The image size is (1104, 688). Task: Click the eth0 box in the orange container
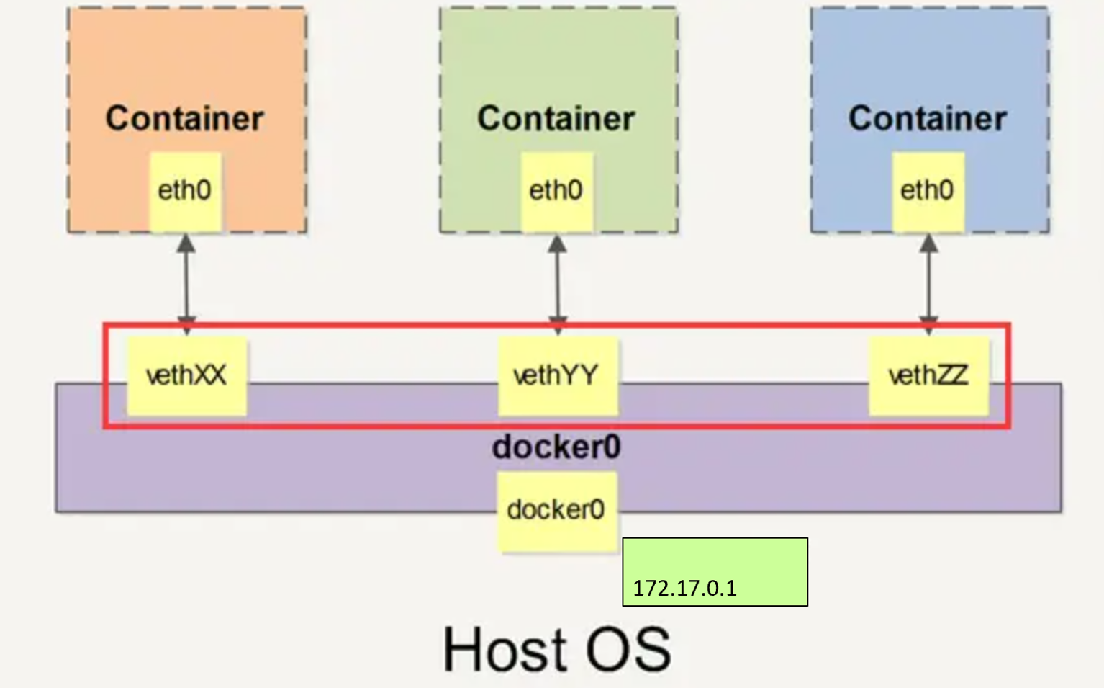coord(185,191)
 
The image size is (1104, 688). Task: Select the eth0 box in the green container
coord(556,191)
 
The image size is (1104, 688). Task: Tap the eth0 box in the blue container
coord(928,191)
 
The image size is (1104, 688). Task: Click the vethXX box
coord(187,375)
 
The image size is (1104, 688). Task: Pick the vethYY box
coord(558,375)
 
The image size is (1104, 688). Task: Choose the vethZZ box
coord(928,375)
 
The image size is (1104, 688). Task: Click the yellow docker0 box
coord(557,511)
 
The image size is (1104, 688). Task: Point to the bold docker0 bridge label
coord(556,447)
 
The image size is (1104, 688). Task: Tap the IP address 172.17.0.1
coord(684,589)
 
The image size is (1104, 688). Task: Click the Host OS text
coord(556,649)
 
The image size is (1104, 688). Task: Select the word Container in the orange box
coord(185,118)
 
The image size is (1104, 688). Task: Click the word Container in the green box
coord(556,118)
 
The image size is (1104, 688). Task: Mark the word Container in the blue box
coord(928,118)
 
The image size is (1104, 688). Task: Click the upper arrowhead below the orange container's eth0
coord(186,244)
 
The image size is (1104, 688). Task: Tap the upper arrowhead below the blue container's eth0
coord(929,244)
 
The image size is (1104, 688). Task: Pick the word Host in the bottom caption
coord(500,649)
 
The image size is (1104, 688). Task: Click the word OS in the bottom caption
coord(628,649)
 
